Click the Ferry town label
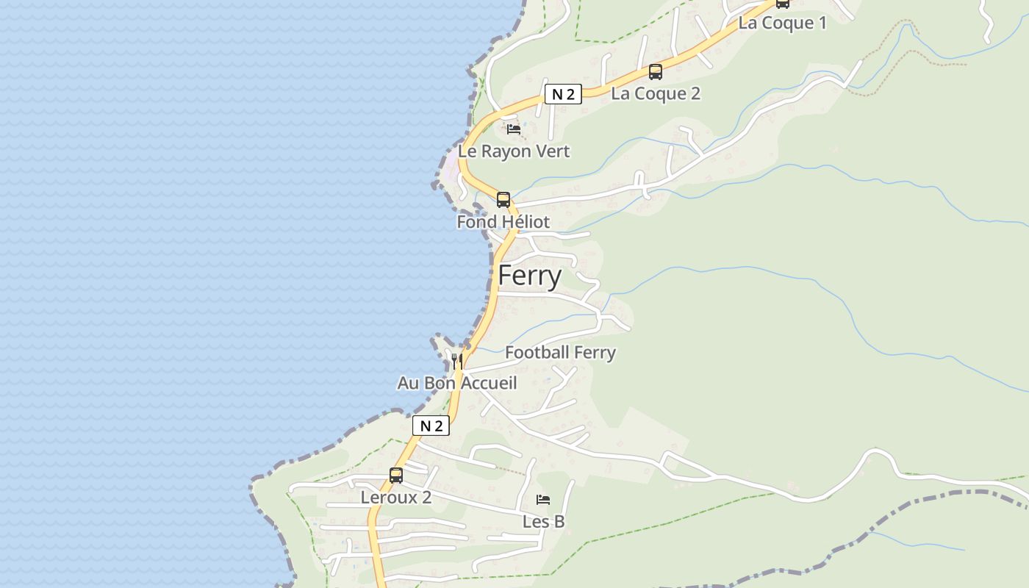coord(530,276)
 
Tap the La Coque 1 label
coord(782,23)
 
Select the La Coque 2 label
coord(656,93)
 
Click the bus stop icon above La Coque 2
coord(655,72)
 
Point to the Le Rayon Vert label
coord(514,151)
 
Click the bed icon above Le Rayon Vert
coord(514,129)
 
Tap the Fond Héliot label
coord(503,222)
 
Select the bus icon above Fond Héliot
coord(503,199)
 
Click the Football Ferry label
coord(560,353)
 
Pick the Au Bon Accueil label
coord(457,383)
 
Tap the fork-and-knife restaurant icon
coord(457,361)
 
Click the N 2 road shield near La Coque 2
coord(563,94)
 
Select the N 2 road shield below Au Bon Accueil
coord(431,426)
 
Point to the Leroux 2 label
coord(395,498)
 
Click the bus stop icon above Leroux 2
coord(396,476)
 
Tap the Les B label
coord(543,522)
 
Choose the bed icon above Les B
coord(543,500)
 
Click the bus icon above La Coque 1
coord(783,3)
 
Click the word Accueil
coord(488,383)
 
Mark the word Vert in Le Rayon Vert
coord(553,151)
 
